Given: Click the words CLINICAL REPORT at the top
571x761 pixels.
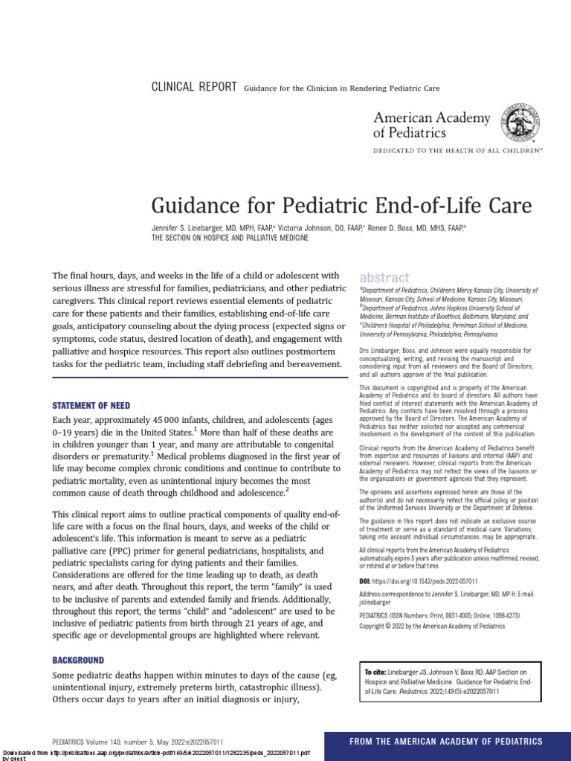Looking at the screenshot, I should pos(194,87).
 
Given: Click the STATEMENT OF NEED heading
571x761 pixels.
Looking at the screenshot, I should pos(91,406).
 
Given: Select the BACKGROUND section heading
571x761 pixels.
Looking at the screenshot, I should pos(78,660).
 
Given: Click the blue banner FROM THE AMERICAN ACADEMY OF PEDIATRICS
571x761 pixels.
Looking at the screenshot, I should pos(447,741).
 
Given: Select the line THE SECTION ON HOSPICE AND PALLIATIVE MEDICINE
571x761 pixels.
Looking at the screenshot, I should pos(230,238).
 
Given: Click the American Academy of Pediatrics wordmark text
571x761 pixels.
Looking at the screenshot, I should pos(431,125).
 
